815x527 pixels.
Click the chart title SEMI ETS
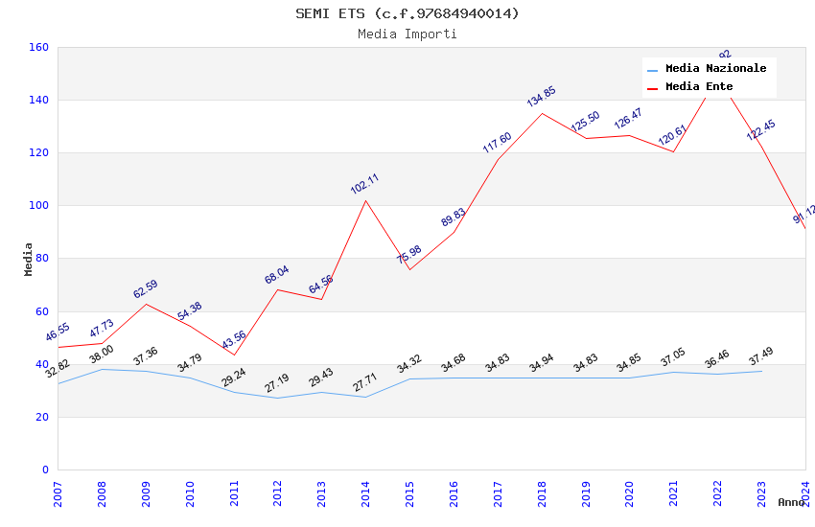407,13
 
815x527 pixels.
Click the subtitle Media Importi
407,34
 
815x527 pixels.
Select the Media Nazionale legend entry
715,69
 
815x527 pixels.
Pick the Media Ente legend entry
699,87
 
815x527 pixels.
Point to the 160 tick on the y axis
39,47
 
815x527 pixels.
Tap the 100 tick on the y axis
39,206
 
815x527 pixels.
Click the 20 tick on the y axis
42,417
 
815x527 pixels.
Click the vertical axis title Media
29,259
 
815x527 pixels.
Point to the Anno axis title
791,502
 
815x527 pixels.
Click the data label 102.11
364,184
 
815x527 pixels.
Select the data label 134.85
541,97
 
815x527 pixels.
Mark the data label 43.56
234,340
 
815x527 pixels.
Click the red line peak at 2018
542,113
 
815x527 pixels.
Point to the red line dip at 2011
234,355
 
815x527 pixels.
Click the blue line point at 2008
102,369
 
